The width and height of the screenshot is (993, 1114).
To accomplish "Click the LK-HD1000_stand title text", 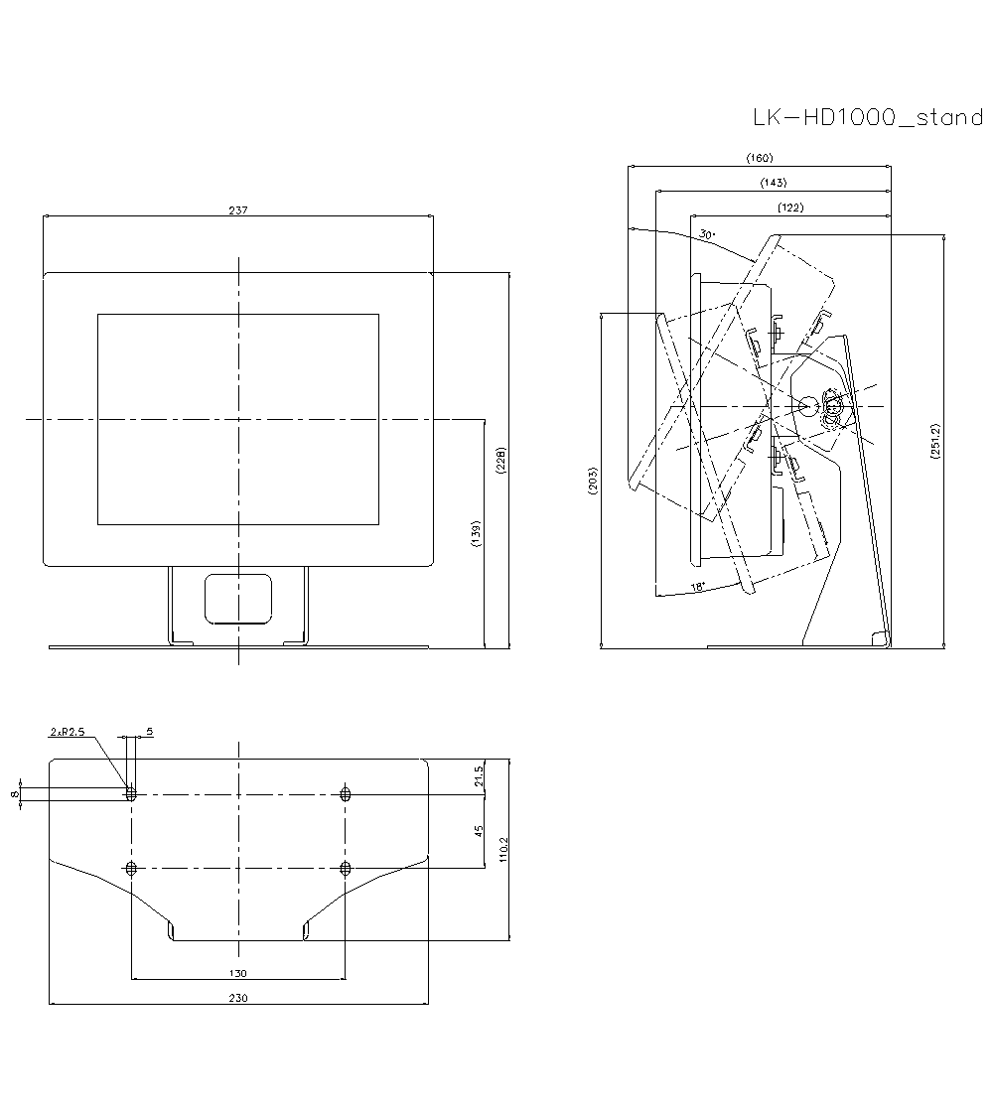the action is pos(868,117).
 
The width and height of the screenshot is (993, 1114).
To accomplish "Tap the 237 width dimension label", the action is pos(238,210).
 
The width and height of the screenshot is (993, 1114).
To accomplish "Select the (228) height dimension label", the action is pos(500,461).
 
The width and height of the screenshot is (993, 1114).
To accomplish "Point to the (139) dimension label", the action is pos(476,533).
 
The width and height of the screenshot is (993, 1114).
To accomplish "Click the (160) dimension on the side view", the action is pos(760,158).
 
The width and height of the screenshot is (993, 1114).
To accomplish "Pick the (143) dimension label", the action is pos(774,183).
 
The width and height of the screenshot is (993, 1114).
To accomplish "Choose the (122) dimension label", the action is pos(790,208).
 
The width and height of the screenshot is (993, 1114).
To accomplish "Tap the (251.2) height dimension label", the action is pos(934,441).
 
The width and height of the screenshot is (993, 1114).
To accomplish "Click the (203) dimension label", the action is pos(593,481).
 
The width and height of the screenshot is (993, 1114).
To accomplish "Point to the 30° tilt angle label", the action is pos(707,233).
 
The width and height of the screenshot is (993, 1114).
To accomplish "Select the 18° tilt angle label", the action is pos(698,587).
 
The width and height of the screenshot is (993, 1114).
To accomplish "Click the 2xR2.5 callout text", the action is pos(68,732).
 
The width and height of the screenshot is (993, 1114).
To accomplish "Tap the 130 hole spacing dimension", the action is pos(238,973).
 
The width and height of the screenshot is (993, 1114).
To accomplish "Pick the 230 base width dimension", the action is pos(238,998).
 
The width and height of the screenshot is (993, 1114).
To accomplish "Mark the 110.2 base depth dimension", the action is pos(503,850).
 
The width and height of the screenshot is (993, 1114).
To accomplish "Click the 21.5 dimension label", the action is pos(479,775).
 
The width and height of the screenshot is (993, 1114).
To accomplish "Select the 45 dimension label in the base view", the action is pos(479,830).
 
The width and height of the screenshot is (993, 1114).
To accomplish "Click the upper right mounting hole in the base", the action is pos(346,794).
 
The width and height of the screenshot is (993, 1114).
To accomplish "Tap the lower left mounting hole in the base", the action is pos(131,868).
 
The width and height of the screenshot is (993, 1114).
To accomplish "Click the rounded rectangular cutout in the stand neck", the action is pos(238,599).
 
